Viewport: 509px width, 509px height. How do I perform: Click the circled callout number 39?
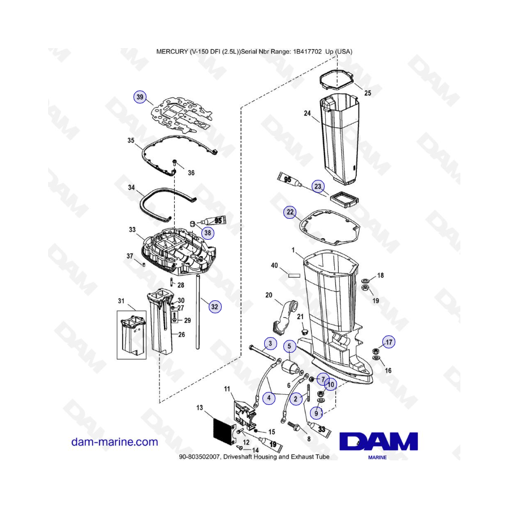tap(140, 97)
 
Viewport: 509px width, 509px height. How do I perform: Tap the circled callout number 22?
tap(290, 212)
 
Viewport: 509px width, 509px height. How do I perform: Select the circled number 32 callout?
tap(214, 307)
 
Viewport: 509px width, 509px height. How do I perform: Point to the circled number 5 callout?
tap(288, 346)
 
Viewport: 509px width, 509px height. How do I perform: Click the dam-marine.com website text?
tap(115, 442)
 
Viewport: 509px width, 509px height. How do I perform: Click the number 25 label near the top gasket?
tap(368, 93)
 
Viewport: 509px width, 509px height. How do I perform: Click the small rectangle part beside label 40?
tap(292, 276)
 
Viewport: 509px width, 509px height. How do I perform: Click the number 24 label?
tap(307, 114)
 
